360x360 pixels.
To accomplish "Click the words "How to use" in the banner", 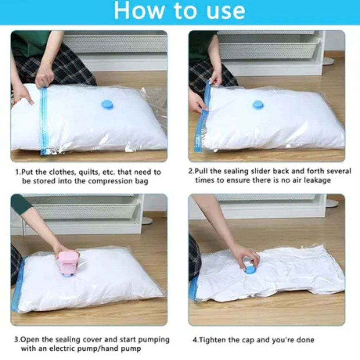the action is coord(179,11).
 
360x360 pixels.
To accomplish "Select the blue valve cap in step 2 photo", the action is coord(258,105).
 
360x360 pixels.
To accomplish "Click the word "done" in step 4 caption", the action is coord(305,340).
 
